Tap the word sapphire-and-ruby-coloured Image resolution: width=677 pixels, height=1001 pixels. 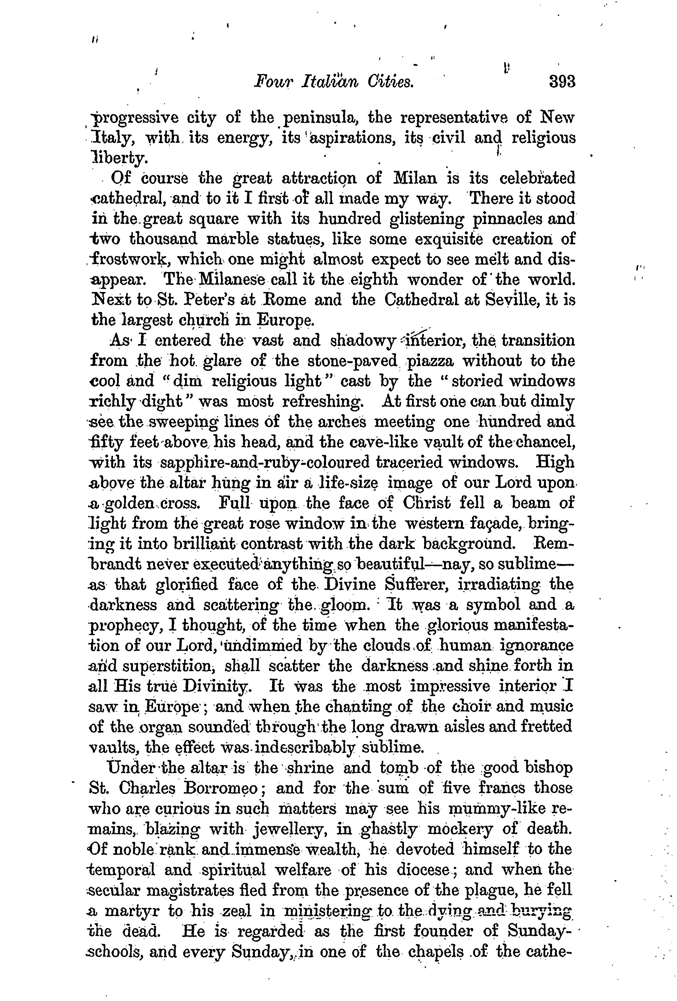pos(264,462)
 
